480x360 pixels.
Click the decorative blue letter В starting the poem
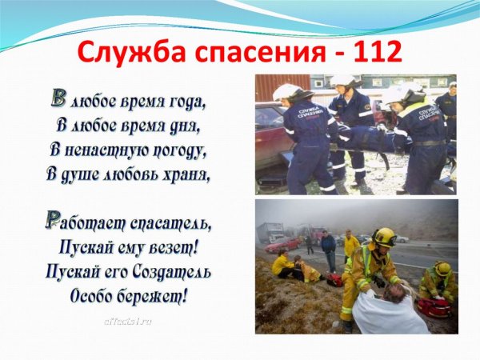(58, 98)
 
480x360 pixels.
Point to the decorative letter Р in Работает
(54, 220)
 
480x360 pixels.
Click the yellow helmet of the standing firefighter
(385, 236)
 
